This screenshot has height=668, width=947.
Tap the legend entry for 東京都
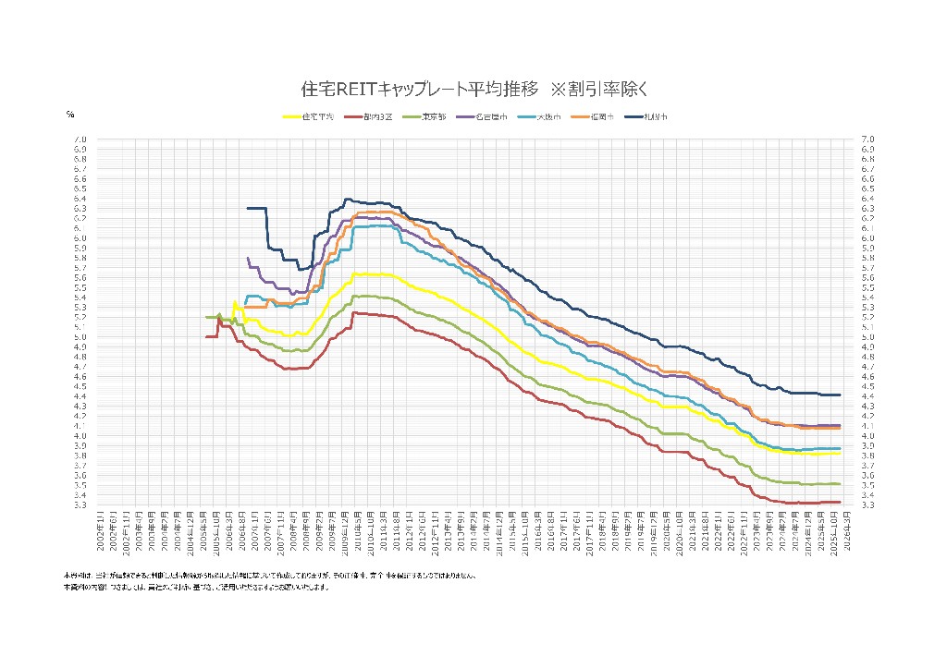point(433,117)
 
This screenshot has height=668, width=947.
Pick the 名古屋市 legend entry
point(491,117)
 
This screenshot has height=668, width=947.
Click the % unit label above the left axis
point(70,115)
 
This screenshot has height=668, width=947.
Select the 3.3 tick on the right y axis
point(867,505)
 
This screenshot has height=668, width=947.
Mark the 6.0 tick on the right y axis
point(867,237)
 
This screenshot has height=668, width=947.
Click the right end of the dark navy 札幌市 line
point(840,395)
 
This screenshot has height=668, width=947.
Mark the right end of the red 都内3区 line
point(840,502)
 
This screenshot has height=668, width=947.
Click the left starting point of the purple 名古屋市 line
point(247,258)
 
